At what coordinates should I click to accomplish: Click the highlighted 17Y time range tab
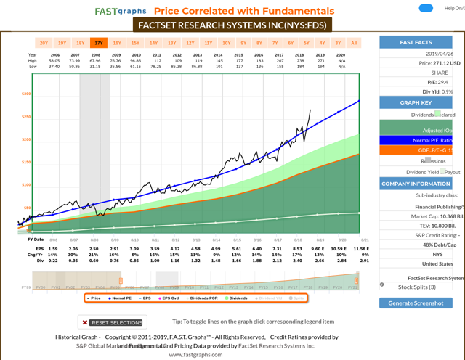(99, 44)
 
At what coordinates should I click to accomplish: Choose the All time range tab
(354, 44)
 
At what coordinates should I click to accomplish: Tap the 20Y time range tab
(44, 44)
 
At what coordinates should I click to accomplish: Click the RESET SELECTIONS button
(113, 322)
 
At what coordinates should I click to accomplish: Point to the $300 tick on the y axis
(26, 94)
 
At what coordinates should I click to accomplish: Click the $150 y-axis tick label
(26, 162)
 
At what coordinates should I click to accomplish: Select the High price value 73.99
(74, 60)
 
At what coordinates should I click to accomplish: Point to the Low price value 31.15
(94, 66)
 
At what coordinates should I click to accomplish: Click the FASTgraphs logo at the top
(121, 11)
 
